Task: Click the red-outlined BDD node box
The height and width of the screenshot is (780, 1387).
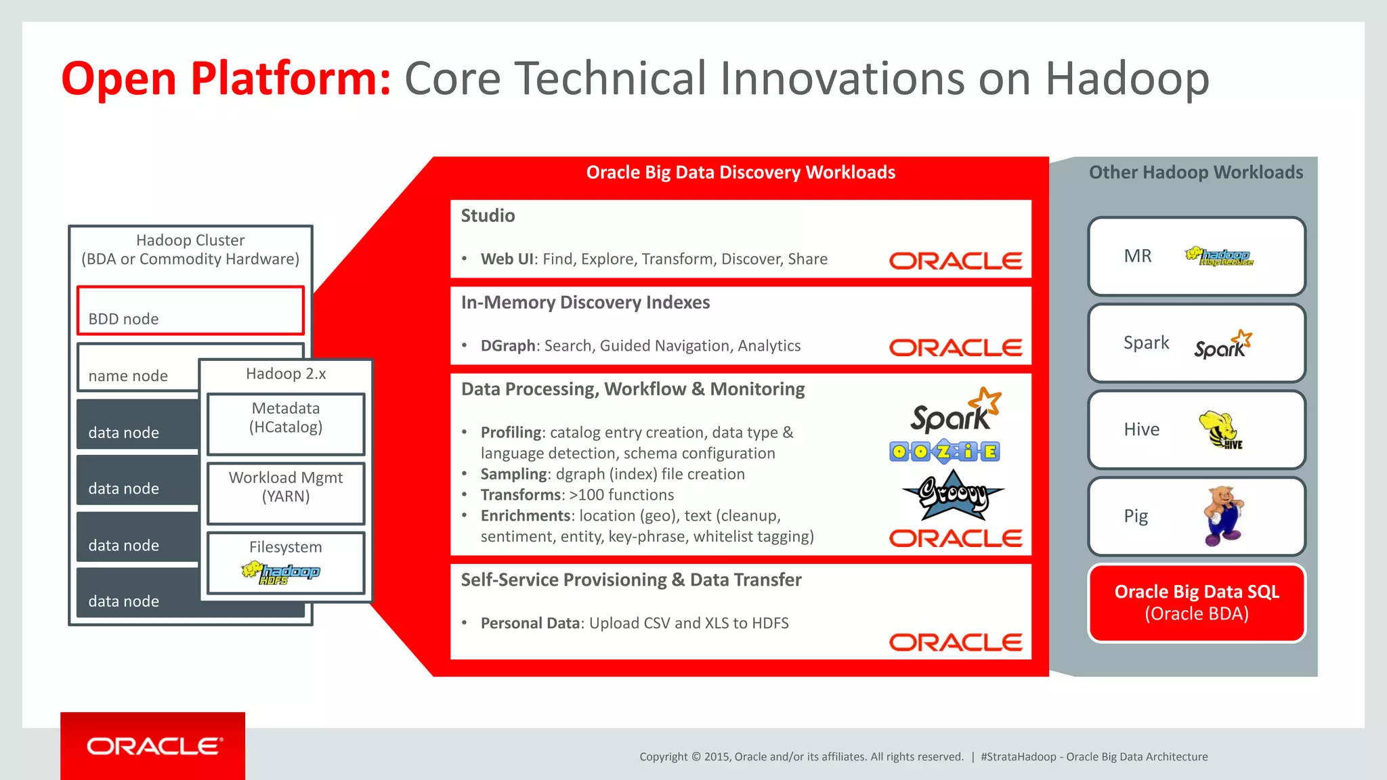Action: click(190, 311)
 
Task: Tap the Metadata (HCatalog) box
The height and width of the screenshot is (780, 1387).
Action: click(286, 424)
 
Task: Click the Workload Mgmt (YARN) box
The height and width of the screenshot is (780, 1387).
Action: click(286, 493)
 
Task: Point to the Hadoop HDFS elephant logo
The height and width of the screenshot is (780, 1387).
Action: click(280, 573)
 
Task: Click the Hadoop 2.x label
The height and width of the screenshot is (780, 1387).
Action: click(286, 374)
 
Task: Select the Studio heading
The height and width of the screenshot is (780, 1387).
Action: click(488, 216)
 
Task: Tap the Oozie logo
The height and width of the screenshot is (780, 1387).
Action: click(945, 452)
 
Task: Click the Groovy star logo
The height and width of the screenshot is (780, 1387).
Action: click(952, 495)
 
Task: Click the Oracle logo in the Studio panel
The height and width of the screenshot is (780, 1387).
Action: click(956, 261)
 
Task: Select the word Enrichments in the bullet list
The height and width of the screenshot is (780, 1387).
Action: click(526, 516)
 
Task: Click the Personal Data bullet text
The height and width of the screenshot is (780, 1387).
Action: click(635, 623)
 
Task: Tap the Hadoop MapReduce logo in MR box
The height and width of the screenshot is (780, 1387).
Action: click(1219, 257)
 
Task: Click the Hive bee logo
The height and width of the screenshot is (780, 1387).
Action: click(1220, 430)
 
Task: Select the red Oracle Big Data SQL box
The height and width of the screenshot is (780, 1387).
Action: click(1197, 603)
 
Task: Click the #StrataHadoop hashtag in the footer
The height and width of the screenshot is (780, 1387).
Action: click(1018, 757)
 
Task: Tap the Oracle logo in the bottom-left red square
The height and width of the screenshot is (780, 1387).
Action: click(154, 746)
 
